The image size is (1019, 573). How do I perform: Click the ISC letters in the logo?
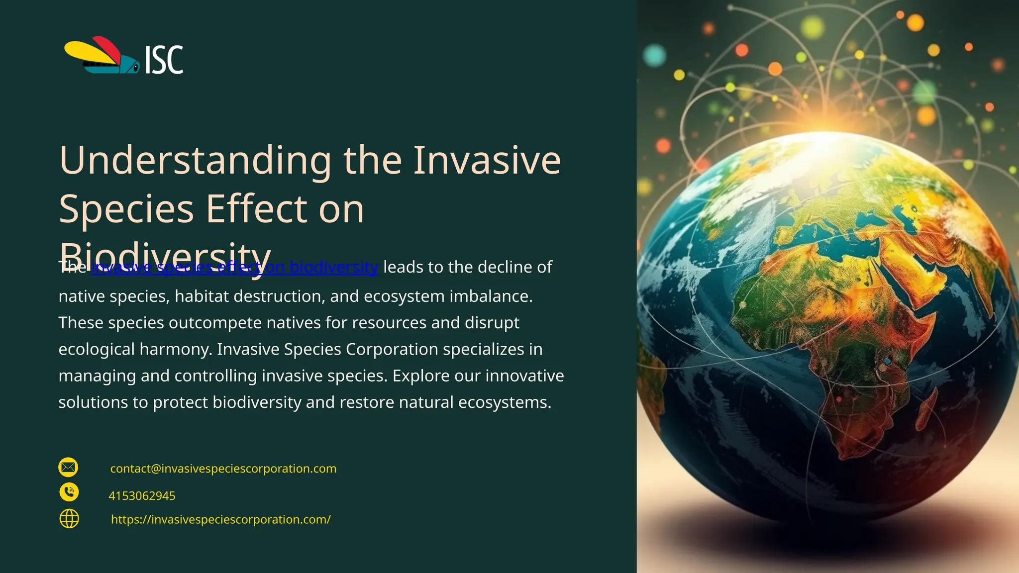click(164, 60)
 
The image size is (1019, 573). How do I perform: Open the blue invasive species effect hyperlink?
click(234, 268)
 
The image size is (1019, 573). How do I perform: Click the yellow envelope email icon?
click(68, 468)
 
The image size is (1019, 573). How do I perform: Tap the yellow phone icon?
click(69, 492)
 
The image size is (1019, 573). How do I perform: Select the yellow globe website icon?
click(69, 519)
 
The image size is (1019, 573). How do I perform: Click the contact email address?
click(223, 469)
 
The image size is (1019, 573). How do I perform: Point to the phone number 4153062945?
click(142, 496)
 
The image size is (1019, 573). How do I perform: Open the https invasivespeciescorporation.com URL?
click(220, 519)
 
